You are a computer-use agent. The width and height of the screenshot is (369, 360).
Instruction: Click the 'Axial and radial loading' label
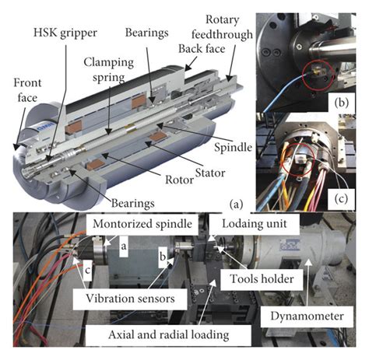(x=169, y=335)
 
